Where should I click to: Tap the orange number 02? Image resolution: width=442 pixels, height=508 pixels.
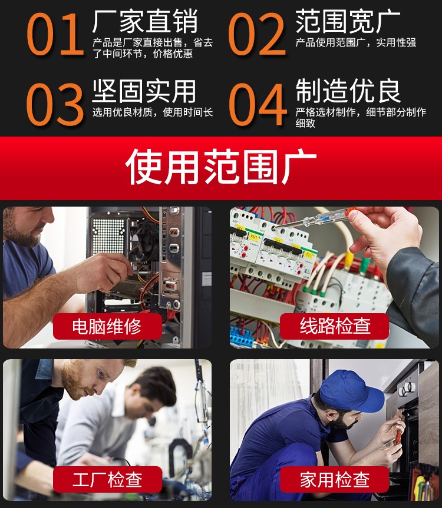point(257,34)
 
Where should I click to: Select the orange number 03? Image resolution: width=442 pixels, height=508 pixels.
point(54,104)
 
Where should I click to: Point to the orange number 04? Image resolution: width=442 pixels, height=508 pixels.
point(258,104)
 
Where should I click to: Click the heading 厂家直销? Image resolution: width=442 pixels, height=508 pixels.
point(145,21)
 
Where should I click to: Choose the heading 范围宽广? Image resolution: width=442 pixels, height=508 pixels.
point(348,21)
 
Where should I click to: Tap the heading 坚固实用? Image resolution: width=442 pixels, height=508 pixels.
point(144,91)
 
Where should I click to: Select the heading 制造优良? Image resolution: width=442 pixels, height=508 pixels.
point(348,91)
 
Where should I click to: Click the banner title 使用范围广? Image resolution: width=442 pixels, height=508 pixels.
point(221,167)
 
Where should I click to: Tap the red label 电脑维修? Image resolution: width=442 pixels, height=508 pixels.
point(107,326)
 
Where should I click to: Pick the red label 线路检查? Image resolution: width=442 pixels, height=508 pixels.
point(334,326)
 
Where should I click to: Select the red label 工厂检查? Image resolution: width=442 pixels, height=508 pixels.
point(107,480)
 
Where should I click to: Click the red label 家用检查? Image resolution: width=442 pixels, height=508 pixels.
point(334,480)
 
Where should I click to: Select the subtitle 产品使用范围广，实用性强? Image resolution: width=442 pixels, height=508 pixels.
point(356,42)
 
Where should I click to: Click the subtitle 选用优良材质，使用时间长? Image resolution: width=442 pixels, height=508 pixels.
point(153,112)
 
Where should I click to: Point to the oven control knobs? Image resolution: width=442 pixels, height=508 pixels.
point(407,388)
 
